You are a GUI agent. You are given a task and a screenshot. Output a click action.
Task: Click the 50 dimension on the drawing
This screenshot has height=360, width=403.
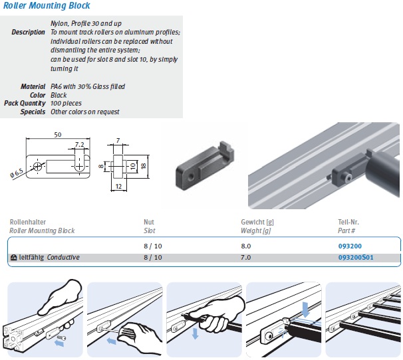[59, 135]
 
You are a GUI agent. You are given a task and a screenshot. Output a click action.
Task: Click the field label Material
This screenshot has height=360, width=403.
[33, 87]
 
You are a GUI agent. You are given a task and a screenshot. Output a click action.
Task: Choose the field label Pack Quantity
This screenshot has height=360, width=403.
[25, 104]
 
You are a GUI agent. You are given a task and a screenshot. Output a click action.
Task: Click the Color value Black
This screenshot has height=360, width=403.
[59, 95]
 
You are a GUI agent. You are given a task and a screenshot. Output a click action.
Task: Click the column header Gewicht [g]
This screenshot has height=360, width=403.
[259, 223]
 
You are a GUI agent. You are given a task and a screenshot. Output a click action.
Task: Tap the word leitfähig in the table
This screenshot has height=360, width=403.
[32, 258]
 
